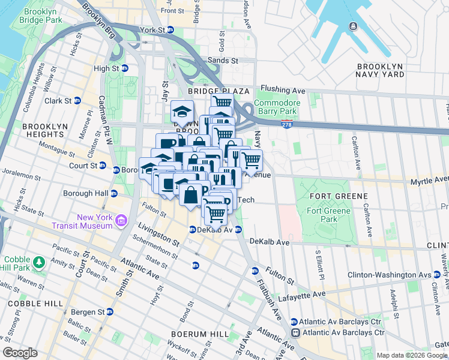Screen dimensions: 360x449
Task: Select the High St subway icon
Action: (x=124, y=68)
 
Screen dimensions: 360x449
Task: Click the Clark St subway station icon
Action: (x=77, y=101)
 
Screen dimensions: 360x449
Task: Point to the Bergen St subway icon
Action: (x=109, y=312)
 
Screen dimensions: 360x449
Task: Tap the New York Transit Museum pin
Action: (x=122, y=221)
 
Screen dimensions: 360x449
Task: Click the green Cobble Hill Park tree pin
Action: (x=39, y=262)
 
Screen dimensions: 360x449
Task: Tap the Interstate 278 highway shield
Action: (x=287, y=123)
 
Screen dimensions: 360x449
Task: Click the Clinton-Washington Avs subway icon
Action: (x=437, y=275)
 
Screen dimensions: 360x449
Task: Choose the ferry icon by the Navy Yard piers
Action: (x=352, y=27)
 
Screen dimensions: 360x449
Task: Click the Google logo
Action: (x=20, y=353)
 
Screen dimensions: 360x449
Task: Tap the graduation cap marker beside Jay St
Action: (x=182, y=111)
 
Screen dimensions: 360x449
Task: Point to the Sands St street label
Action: (x=222, y=61)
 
